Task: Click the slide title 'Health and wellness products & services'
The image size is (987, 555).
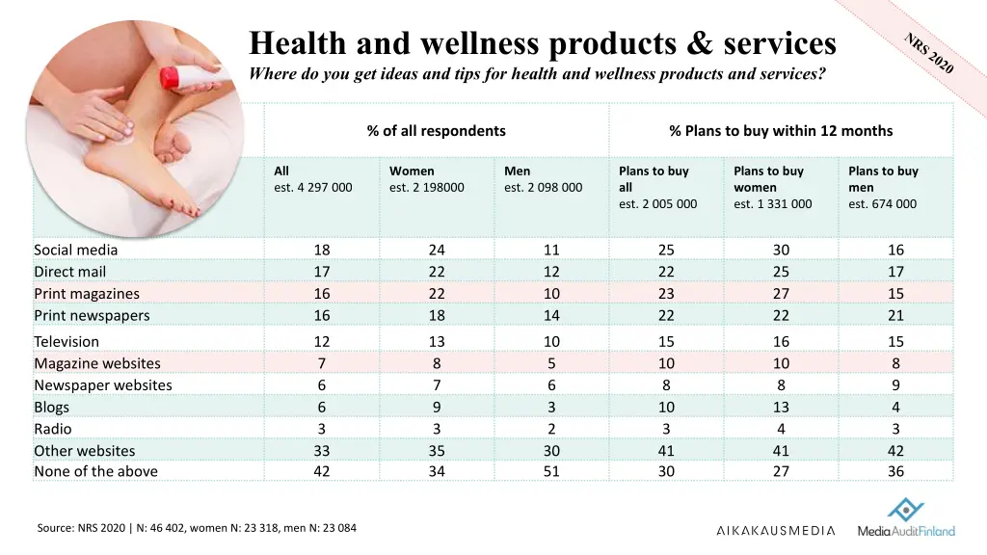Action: click(x=543, y=43)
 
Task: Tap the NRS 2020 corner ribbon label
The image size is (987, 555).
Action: click(x=929, y=53)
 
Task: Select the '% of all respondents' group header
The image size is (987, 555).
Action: click(x=436, y=131)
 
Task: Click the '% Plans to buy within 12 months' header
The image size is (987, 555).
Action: click(x=781, y=131)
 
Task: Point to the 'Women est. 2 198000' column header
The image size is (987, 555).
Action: click(x=426, y=179)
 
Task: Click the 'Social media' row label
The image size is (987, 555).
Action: click(x=76, y=250)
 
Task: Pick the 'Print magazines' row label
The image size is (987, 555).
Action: click(x=87, y=294)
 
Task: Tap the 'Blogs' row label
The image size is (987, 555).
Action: click(x=52, y=407)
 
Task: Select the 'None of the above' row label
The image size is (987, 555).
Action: click(x=95, y=471)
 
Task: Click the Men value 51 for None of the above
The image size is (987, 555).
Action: click(x=551, y=471)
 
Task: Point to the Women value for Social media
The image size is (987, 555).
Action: click(x=437, y=250)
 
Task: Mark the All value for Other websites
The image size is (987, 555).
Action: click(x=322, y=450)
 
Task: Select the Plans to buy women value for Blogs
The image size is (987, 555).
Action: click(x=781, y=407)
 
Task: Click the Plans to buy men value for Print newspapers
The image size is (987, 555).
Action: click(x=895, y=315)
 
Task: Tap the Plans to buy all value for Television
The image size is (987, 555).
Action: click(x=666, y=341)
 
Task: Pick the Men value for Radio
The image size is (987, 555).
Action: click(x=551, y=429)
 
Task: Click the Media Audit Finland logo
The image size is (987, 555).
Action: click(x=906, y=520)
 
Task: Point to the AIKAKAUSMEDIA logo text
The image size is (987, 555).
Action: click(x=776, y=530)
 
